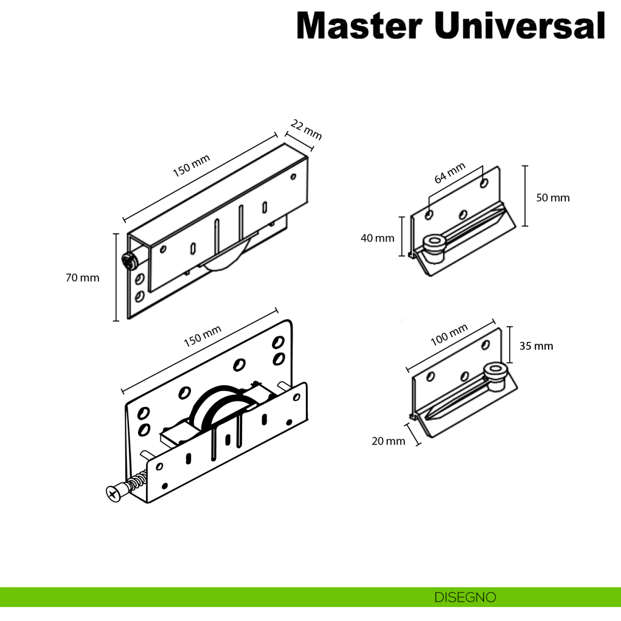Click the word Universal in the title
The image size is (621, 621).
[520, 25]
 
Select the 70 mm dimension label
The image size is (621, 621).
[82, 278]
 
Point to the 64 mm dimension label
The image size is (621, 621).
[450, 173]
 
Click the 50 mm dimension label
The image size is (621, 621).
[553, 198]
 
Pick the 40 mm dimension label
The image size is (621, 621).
[377, 238]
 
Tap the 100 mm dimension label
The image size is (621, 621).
[449, 335]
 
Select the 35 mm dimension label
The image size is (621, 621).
[536, 346]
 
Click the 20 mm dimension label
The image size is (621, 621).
[388, 441]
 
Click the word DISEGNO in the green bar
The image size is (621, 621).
[465, 597]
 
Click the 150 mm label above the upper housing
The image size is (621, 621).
[191, 166]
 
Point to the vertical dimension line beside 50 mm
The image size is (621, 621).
[525, 196]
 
